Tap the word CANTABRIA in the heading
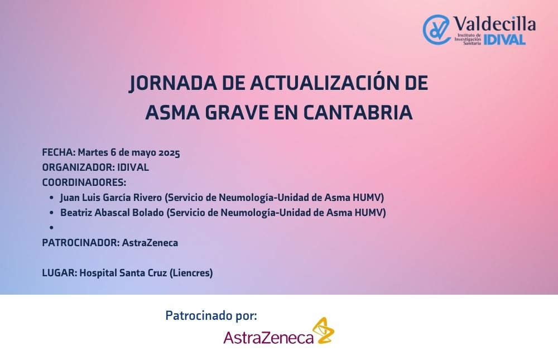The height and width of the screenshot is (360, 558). click(x=358, y=113)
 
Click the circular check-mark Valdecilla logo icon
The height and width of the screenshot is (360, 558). click(x=436, y=29)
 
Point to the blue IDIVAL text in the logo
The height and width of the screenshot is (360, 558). click(x=504, y=40)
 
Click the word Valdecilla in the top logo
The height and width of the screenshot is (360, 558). click(x=494, y=24)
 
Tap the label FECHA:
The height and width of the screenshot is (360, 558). click(x=59, y=152)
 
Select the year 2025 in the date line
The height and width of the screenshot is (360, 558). click(x=169, y=153)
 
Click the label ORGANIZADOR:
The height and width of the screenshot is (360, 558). click(x=78, y=167)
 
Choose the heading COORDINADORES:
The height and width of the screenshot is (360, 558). click(x=84, y=183)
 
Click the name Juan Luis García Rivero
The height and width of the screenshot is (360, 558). click(x=111, y=197)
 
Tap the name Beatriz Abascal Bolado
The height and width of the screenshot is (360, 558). click(x=112, y=213)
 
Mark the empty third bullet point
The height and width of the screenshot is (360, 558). click(x=51, y=228)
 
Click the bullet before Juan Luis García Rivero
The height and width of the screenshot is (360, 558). click(x=51, y=198)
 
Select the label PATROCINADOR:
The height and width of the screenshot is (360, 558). click(x=81, y=243)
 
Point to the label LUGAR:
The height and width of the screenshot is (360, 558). click(x=60, y=273)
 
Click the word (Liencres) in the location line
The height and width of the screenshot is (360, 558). click(x=191, y=273)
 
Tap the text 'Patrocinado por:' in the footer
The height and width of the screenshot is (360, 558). click(x=211, y=315)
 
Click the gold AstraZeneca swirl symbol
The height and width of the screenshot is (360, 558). click(x=323, y=330)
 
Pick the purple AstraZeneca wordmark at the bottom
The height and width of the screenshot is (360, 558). click(x=268, y=338)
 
